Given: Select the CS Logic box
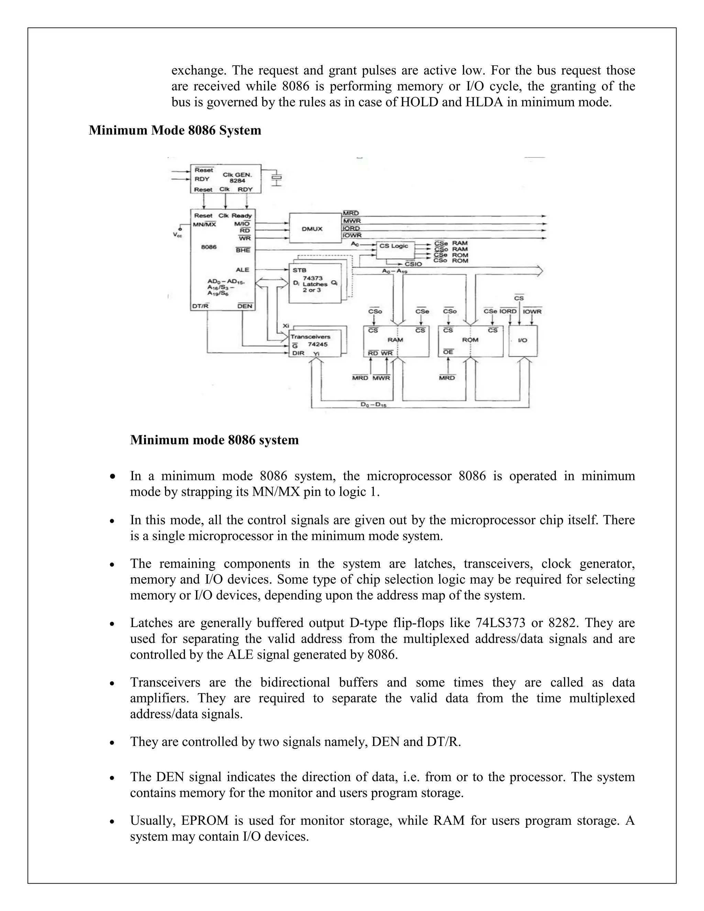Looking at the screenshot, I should tap(394, 246).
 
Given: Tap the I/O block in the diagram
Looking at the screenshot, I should tap(522, 340).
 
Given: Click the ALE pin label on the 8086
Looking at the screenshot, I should tap(242, 270).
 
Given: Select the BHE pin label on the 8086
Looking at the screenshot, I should tap(243, 250).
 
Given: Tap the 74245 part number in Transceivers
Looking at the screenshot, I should tap(318, 344).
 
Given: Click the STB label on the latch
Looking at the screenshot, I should tap(299, 270).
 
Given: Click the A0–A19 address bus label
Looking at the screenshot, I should tap(395, 271).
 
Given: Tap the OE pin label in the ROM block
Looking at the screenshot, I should tap(448, 352).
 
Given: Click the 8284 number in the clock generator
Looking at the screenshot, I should tap(238, 181).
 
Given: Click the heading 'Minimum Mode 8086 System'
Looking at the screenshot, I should tap(175, 131).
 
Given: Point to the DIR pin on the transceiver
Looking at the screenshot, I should tap(298, 353).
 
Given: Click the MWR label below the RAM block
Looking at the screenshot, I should tap(381, 378).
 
